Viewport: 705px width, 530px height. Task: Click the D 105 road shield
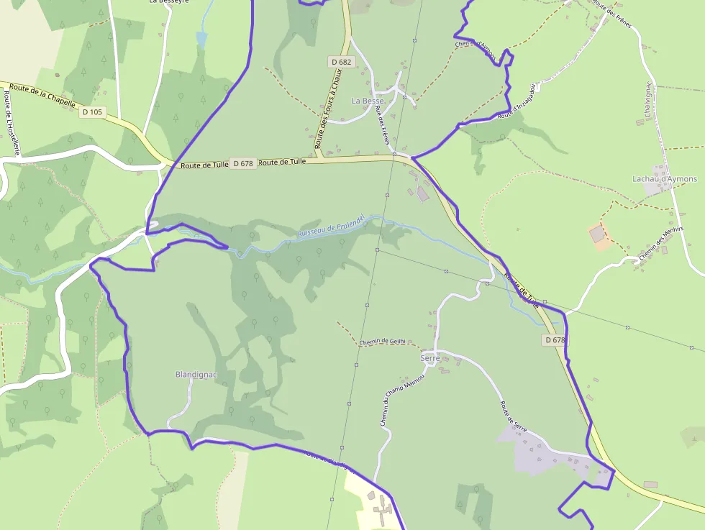(x=93, y=112)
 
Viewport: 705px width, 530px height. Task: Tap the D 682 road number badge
(x=342, y=62)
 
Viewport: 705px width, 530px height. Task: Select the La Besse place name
(x=368, y=101)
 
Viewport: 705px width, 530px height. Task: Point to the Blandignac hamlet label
(x=196, y=375)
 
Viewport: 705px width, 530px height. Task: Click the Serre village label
(x=430, y=357)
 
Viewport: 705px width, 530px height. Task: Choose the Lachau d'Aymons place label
(x=665, y=178)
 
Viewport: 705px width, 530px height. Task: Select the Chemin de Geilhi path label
(x=382, y=342)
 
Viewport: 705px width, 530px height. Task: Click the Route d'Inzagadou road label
(x=517, y=101)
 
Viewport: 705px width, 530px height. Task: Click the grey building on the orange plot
(x=597, y=234)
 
